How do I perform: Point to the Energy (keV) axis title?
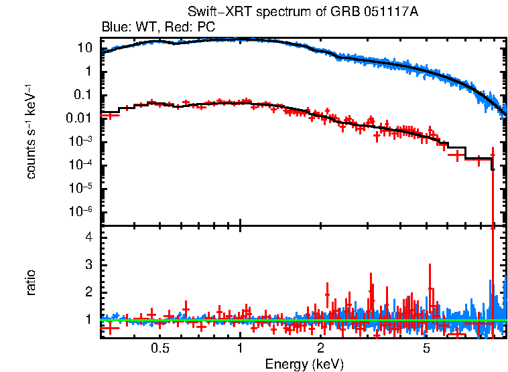click(x=304, y=364)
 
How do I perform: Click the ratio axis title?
click(x=31, y=282)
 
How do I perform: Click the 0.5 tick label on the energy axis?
click(x=160, y=349)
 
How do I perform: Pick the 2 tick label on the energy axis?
click(x=321, y=349)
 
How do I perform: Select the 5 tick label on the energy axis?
click(x=426, y=349)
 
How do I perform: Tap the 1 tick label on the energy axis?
click(x=240, y=349)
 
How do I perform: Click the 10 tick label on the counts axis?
click(x=84, y=48)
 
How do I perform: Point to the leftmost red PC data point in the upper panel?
click(x=109, y=115)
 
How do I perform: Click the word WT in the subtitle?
click(x=151, y=27)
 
